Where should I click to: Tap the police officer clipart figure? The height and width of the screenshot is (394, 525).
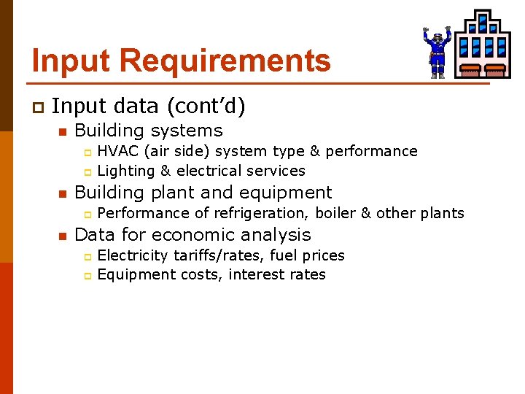[x=437, y=52]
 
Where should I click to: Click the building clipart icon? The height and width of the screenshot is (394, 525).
[x=483, y=45]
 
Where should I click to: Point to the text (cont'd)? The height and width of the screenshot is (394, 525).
[x=206, y=107]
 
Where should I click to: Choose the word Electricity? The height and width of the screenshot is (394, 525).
[x=133, y=255]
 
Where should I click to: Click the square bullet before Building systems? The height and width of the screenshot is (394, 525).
[x=63, y=132]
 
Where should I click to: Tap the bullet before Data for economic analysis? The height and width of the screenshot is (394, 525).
[x=63, y=236]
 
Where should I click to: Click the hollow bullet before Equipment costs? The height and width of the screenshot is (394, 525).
[x=86, y=276]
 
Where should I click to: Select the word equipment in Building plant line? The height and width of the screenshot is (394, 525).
[x=289, y=193]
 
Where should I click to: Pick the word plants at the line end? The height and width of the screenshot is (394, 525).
[x=442, y=213]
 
